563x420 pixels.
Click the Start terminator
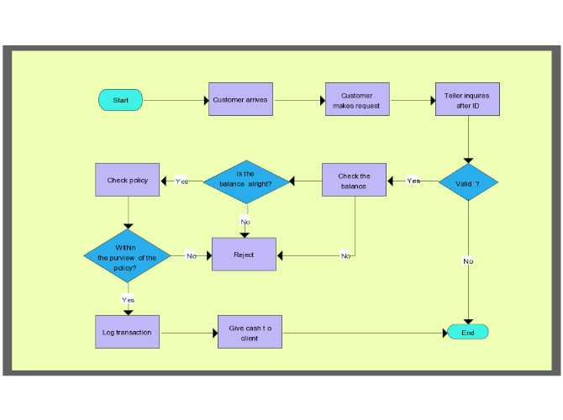[121, 100]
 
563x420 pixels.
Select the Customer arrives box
[240, 99]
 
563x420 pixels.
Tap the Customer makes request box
[357, 99]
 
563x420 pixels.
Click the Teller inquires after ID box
[467, 99]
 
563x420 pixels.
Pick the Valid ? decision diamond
[468, 181]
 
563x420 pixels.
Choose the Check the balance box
[354, 180]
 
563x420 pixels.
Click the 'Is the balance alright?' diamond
[245, 181]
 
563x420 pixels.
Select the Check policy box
[128, 180]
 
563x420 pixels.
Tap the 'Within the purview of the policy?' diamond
[127, 256]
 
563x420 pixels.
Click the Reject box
[244, 254]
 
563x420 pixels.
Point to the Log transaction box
[127, 332]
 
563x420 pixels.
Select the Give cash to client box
[250, 332]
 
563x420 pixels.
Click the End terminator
[468, 332]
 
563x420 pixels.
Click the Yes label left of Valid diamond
[413, 181]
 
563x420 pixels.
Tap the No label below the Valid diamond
[468, 261]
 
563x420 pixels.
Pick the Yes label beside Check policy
[182, 181]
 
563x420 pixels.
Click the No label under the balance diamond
[245, 222]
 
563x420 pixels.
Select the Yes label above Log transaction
[128, 299]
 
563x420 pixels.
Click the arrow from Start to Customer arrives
[176, 100]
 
